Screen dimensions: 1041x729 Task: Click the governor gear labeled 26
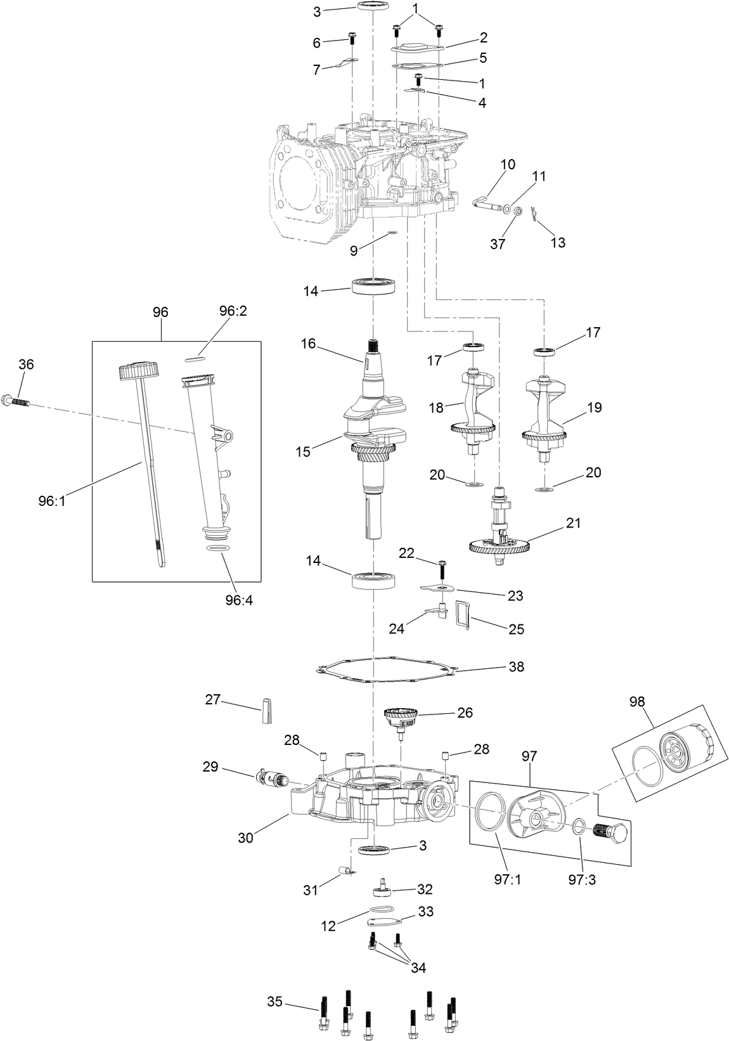pyautogui.click(x=401, y=717)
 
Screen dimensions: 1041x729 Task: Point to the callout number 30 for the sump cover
pyautogui.click(x=245, y=837)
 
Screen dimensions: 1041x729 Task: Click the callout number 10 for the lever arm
pyautogui.click(x=508, y=165)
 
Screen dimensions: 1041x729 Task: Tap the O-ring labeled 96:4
pyautogui.click(x=219, y=548)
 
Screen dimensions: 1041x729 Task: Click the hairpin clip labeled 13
pyautogui.click(x=536, y=216)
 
